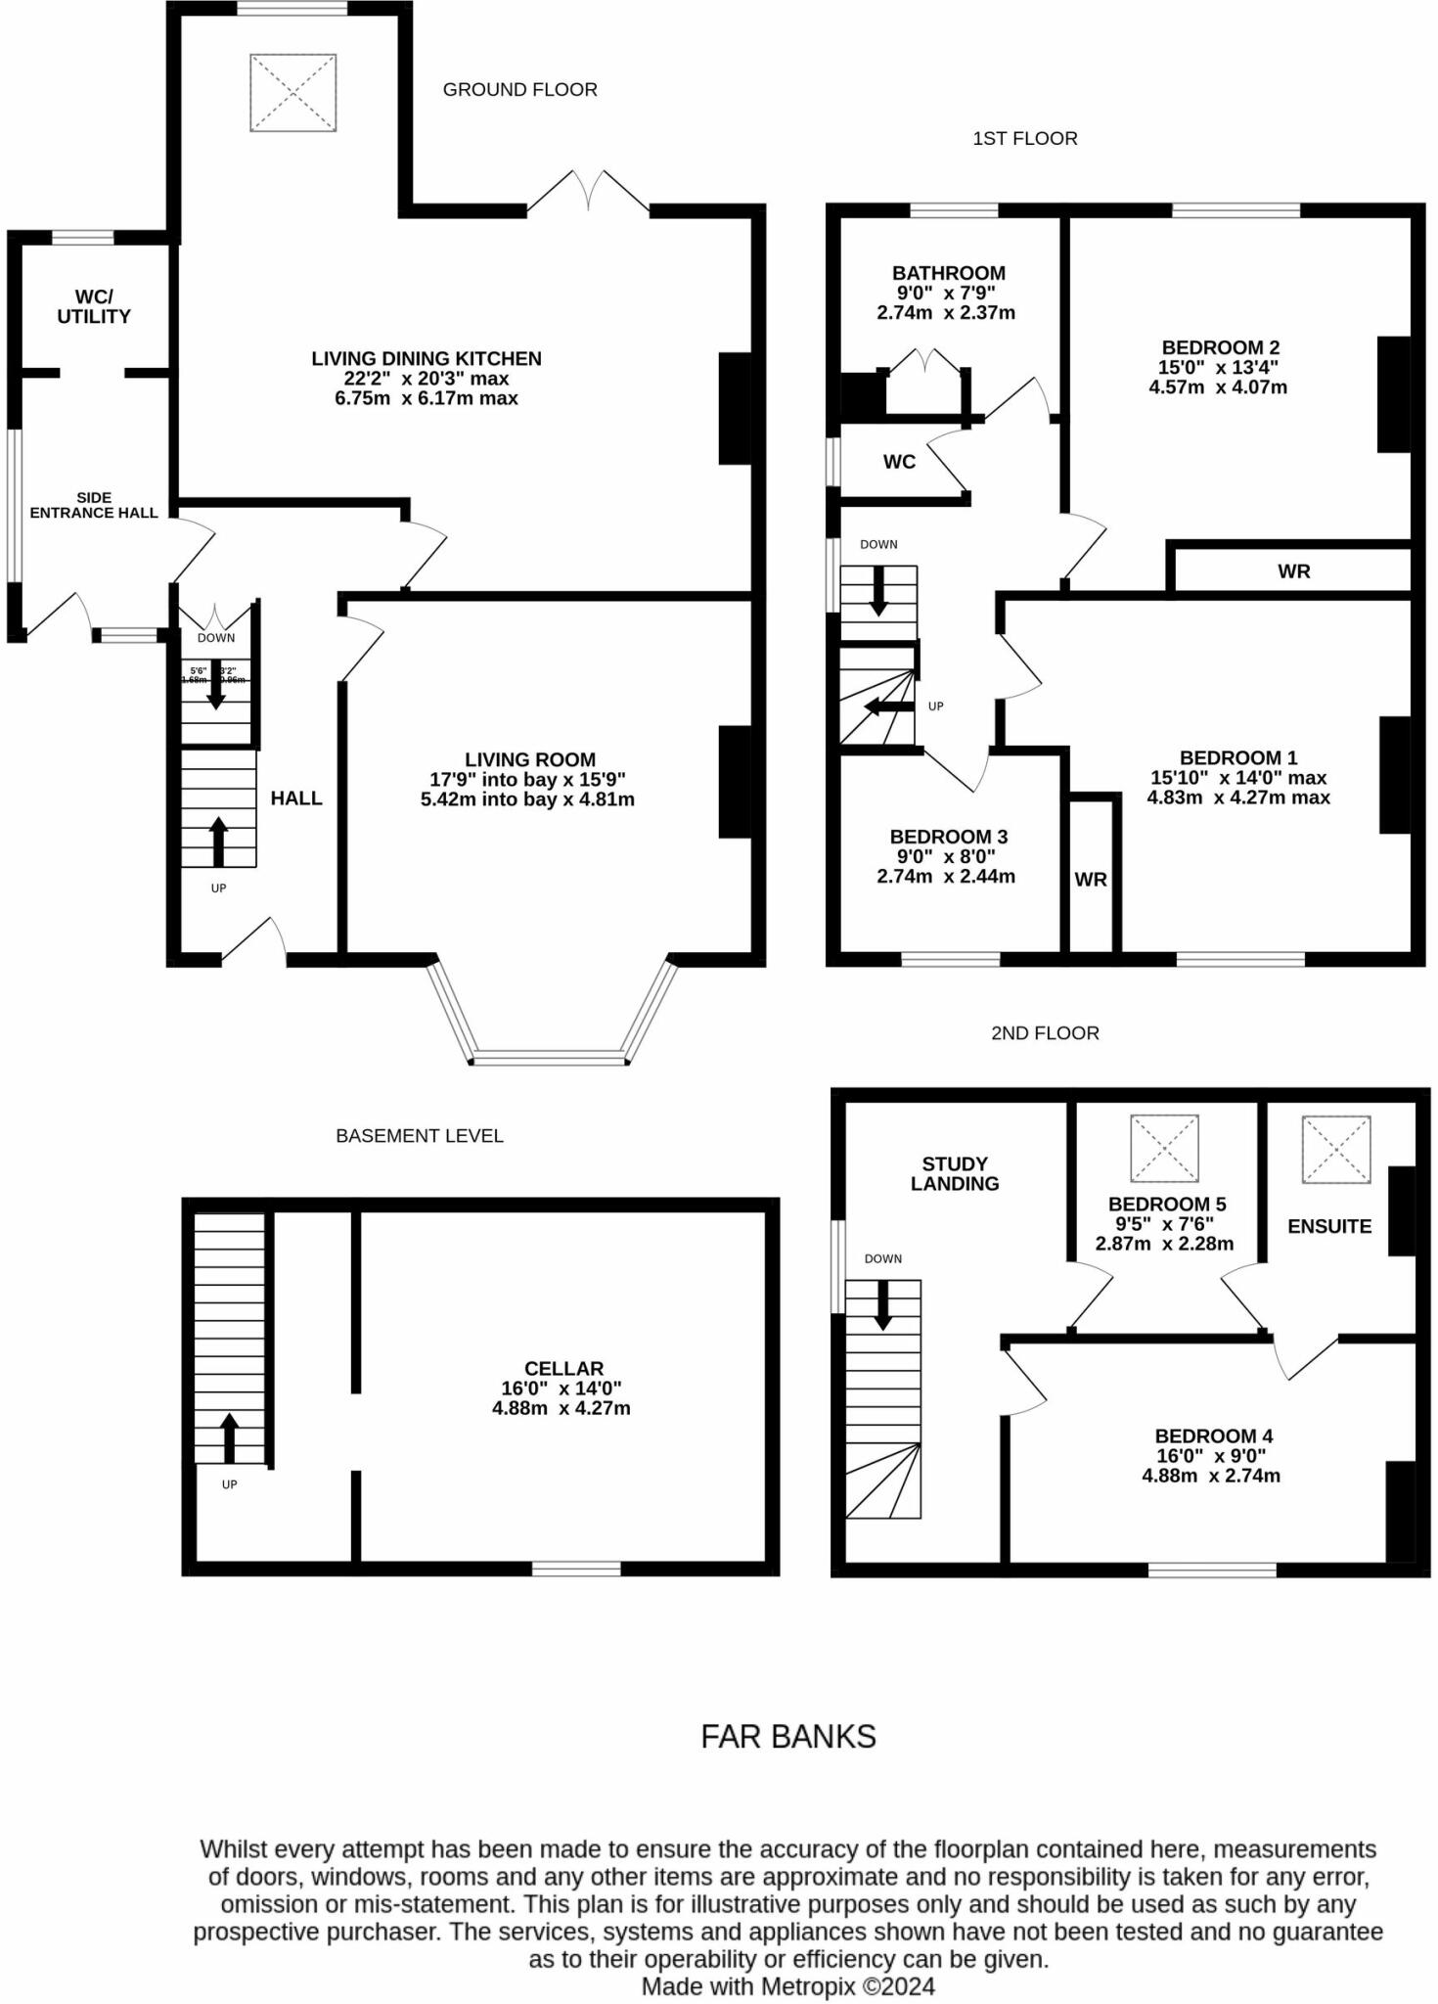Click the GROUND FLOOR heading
coord(519,90)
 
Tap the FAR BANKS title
coord(788,1736)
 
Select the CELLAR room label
coord(563,1368)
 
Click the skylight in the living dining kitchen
coord(292,93)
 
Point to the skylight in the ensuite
coord(1335,1149)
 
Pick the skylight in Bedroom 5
coord(1164,1148)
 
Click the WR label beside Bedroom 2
coord(1293,571)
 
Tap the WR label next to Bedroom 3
coord(1091,879)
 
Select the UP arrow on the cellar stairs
coord(229,1436)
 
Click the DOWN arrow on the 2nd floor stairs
coord(883,1304)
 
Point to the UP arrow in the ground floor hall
coord(218,842)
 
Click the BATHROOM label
coord(948,273)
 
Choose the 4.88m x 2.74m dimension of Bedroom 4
coord(1210,1476)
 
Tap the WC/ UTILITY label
coord(94,306)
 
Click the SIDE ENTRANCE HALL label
coord(94,505)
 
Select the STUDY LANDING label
coord(955,1173)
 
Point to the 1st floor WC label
coord(899,462)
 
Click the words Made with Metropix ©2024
coord(787,1986)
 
